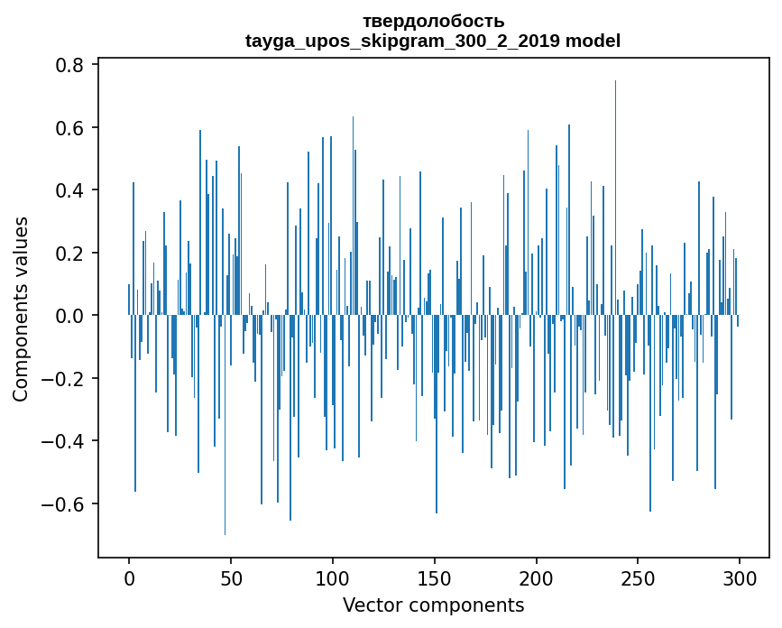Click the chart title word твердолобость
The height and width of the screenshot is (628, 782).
[x=433, y=21]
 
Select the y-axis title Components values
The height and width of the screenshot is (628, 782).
[x=20, y=309]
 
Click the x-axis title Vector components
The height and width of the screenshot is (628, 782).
[x=433, y=605]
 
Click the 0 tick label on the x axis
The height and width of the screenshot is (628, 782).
[x=129, y=577]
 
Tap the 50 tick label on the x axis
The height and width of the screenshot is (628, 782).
[x=231, y=577]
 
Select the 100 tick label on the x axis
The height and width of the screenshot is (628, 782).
[x=333, y=577]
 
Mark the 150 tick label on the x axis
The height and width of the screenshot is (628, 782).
[x=435, y=577]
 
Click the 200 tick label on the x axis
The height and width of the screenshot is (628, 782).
[x=537, y=577]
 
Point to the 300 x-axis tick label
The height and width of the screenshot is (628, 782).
[x=741, y=577]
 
